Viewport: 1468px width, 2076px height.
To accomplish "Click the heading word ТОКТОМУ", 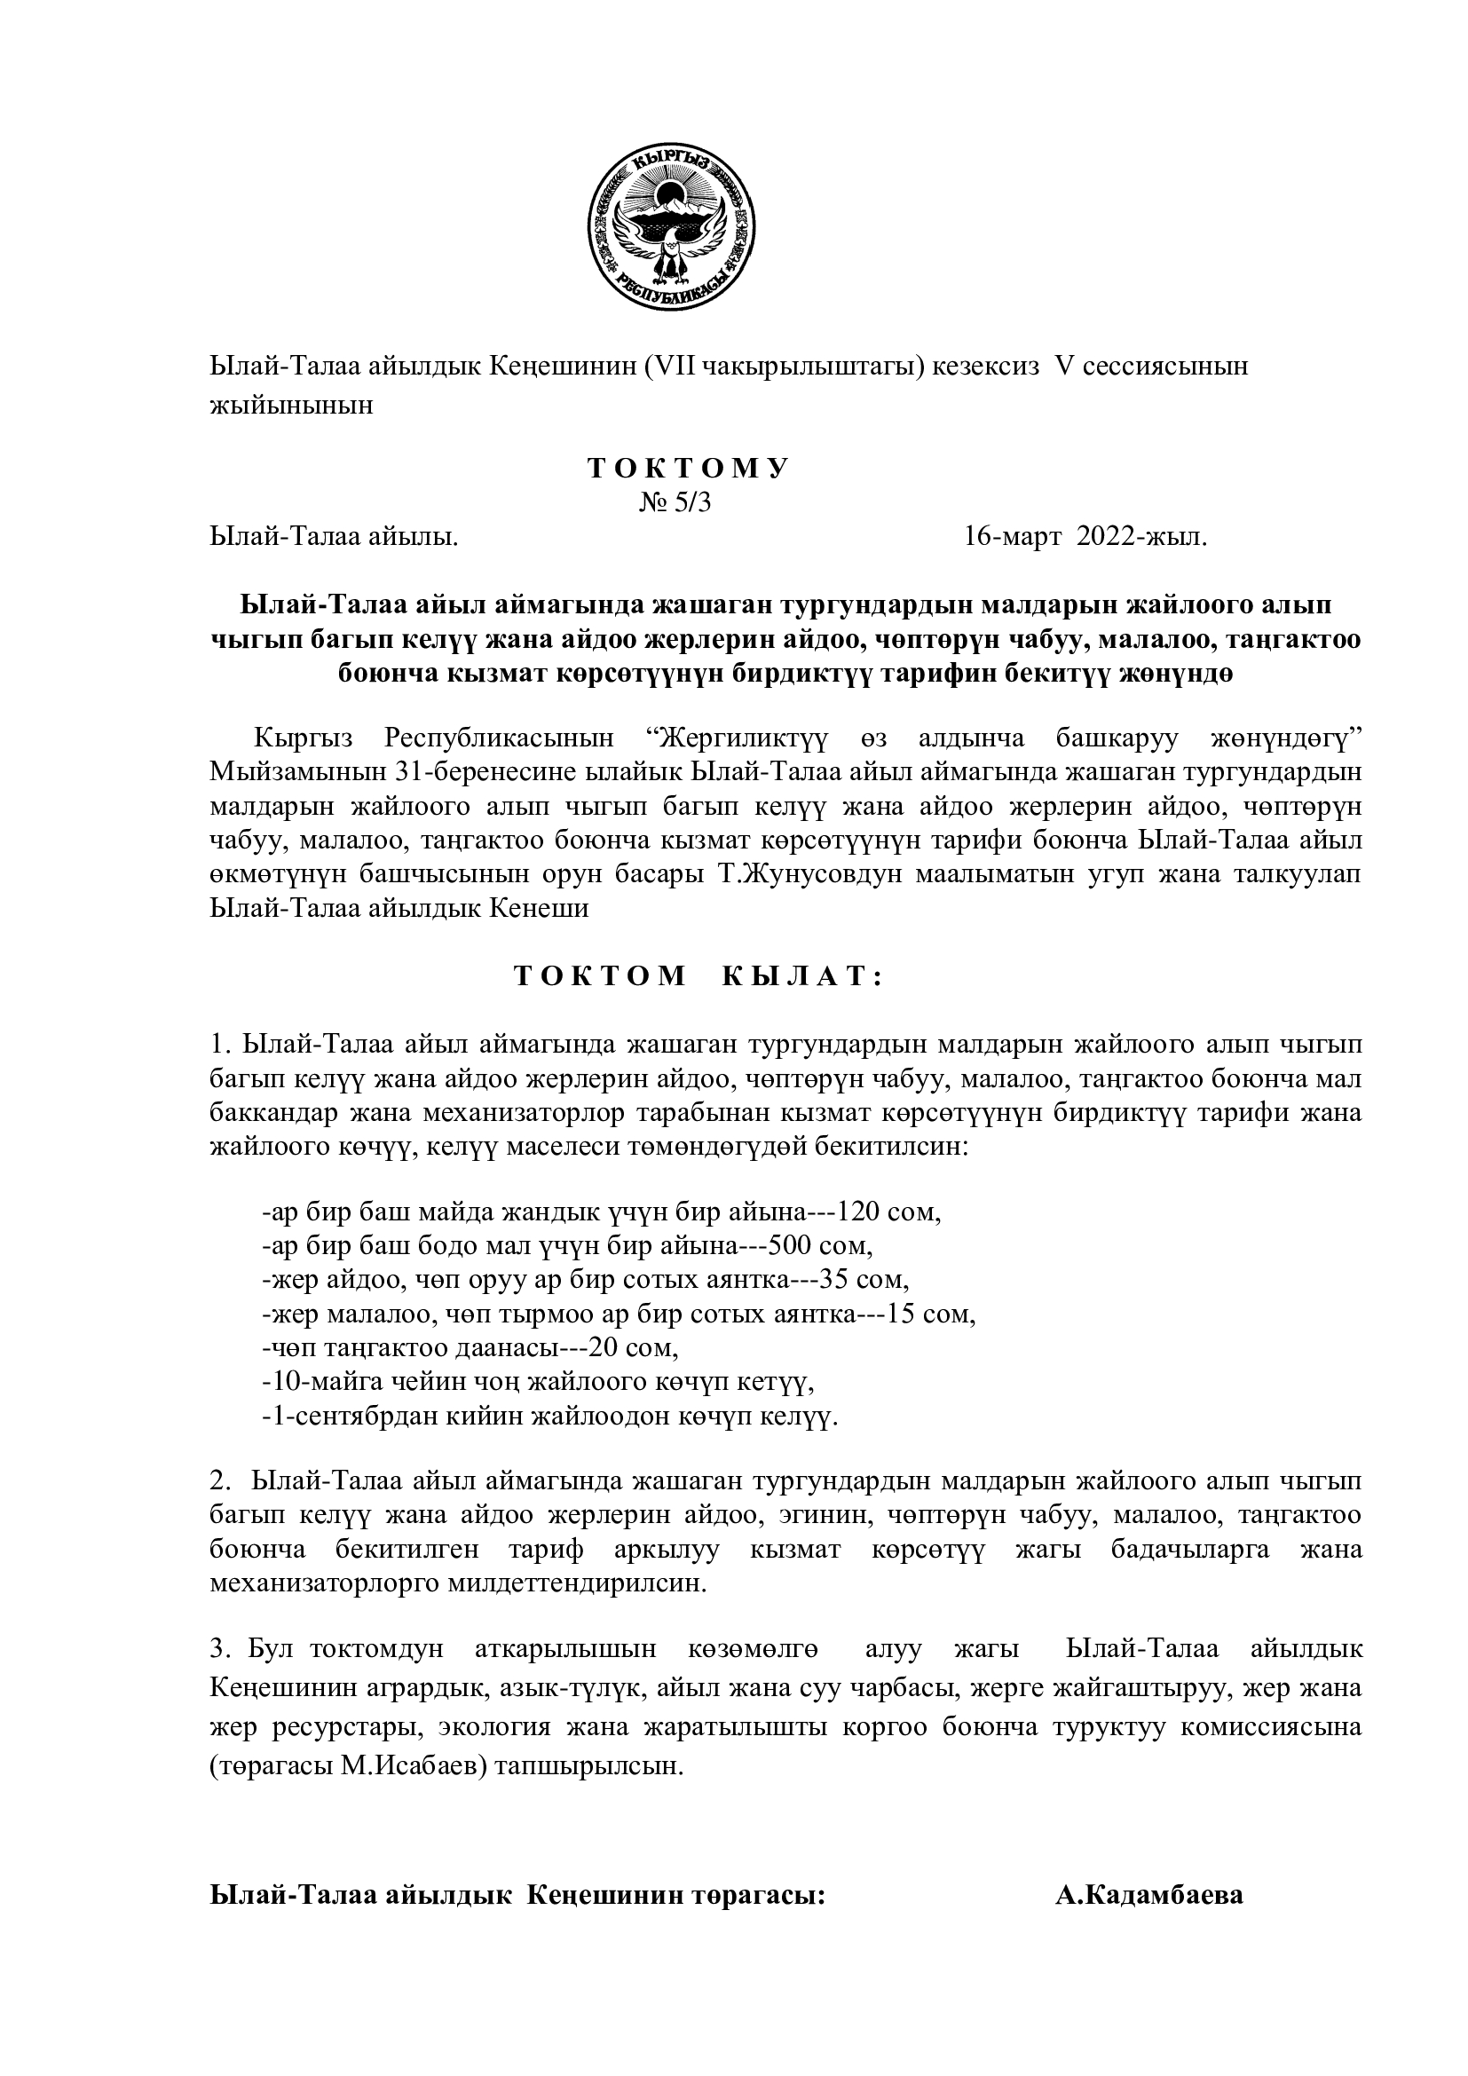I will (x=689, y=469).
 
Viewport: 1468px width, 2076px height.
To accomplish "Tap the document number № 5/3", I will (x=675, y=502).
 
